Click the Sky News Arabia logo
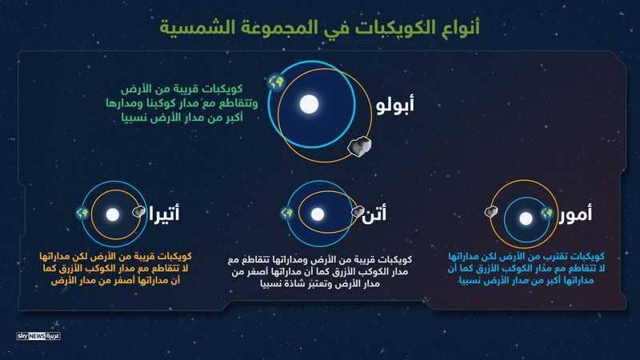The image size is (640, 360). point(38,336)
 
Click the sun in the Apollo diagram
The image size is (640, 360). point(309,104)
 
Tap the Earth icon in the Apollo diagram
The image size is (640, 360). point(276,82)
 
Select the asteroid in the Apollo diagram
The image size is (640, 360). point(359,146)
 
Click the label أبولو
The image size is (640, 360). point(394,105)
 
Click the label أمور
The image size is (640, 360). point(575,214)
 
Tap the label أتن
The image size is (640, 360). point(374,214)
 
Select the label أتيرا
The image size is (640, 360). point(164,214)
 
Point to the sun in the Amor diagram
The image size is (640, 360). point(526,218)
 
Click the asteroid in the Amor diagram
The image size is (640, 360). point(491,211)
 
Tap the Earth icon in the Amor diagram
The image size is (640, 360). point(546,213)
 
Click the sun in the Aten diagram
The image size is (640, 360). point(318,214)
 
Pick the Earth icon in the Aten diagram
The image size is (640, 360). point(287,213)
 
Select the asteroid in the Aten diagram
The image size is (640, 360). point(358,211)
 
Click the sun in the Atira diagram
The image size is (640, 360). point(113,214)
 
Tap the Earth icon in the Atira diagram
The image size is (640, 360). point(82,213)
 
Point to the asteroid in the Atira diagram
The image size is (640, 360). point(138,211)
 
